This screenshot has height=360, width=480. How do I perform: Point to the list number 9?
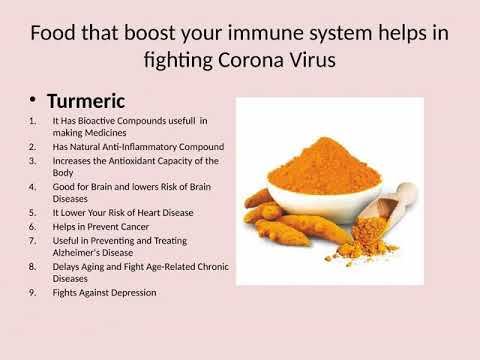coord(30,293)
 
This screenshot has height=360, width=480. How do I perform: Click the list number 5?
coord(30,213)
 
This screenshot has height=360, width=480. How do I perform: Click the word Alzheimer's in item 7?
coord(84,253)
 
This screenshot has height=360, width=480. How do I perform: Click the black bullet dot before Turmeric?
coord(32,100)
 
